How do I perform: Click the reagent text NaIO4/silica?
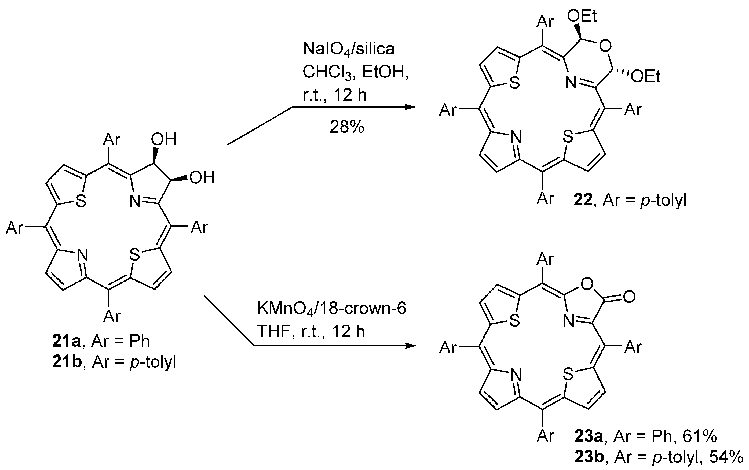(348, 49)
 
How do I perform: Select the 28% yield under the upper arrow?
(346, 127)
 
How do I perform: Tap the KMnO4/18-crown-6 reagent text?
(331, 309)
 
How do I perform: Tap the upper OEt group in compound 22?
(582, 16)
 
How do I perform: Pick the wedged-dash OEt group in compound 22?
(645, 76)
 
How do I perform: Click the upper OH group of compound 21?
(164, 139)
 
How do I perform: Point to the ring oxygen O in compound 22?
(605, 47)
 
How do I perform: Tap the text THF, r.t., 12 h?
(311, 331)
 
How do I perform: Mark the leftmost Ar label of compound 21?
(14, 228)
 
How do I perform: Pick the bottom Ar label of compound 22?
(546, 198)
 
